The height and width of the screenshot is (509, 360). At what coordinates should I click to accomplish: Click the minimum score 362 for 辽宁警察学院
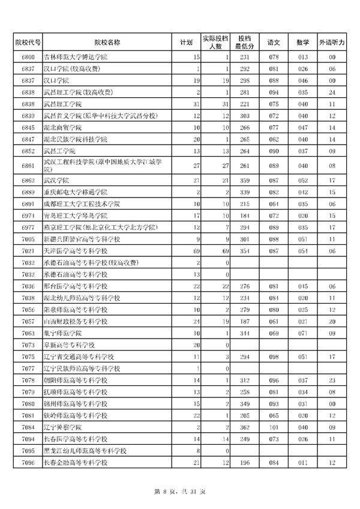coord(244,426)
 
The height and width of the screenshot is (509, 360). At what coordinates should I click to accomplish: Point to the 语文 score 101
coord(274,426)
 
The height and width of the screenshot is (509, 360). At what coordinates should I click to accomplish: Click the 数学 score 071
coord(302,334)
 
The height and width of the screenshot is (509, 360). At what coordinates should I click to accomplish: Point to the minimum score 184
coord(244,215)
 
